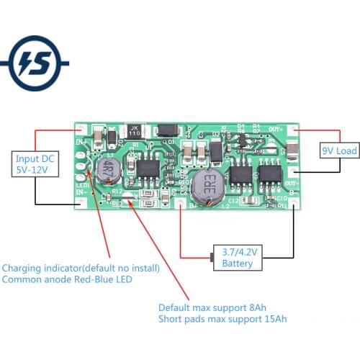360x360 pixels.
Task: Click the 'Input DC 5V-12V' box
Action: [35, 165]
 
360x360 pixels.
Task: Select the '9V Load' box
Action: [338, 152]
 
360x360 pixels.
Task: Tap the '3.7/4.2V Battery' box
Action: [238, 258]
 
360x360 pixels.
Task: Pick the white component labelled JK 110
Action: [134, 132]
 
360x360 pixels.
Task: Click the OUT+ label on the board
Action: [275, 129]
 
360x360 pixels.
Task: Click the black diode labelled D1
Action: [166, 131]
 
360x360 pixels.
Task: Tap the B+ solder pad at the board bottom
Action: [180, 204]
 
